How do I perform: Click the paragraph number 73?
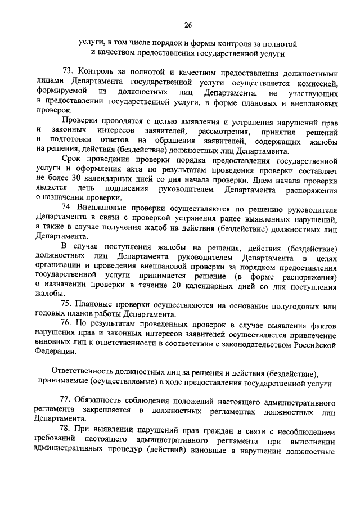[x=67, y=73]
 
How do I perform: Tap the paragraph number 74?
[x=67, y=207]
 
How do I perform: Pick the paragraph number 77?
[x=67, y=403]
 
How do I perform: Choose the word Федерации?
[x=55, y=352]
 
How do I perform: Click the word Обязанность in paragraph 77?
[x=105, y=403]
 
